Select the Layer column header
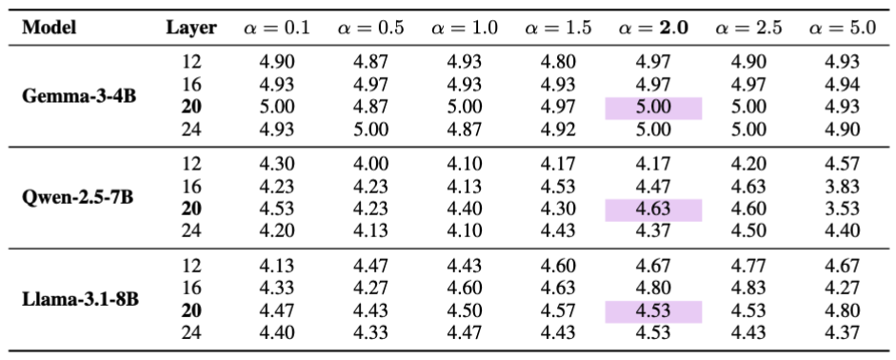coord(190,28)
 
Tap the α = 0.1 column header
coord(277,28)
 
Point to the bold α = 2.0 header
coord(653,28)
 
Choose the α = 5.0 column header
coord(842,28)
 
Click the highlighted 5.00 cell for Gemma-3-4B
coord(653,108)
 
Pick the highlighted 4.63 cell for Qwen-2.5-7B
coord(653,210)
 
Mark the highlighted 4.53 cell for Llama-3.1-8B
coord(653,311)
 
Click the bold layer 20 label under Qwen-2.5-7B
coord(192,210)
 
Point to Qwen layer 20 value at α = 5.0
coord(842,210)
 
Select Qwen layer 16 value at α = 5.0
coord(842,188)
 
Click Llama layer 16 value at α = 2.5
coord(747,290)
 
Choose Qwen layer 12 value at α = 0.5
coord(370,165)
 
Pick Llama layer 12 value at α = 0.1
coord(277,267)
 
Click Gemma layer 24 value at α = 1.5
coord(559,130)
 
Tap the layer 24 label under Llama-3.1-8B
coord(192,333)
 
